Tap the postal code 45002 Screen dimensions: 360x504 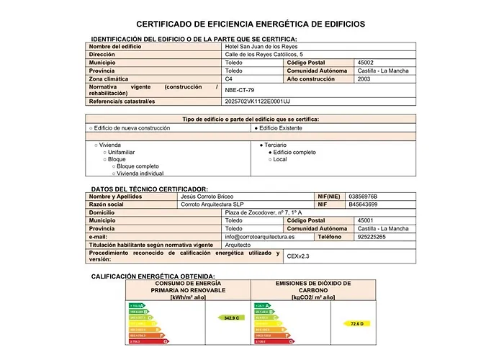[x=366, y=63]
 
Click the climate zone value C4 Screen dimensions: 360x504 [x=229, y=79]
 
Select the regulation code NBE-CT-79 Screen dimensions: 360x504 [x=240, y=91]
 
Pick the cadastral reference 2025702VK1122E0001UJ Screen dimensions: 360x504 [x=257, y=102]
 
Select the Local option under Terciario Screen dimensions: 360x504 [x=279, y=159]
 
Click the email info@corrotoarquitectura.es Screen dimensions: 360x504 [x=259, y=237]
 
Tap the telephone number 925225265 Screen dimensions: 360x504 [x=371, y=237]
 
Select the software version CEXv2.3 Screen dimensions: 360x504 [x=298, y=256]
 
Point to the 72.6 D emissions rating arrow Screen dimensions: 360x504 [x=356, y=324]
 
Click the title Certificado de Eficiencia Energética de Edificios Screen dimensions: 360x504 [x=251, y=24]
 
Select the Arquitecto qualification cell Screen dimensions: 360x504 [x=238, y=245]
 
